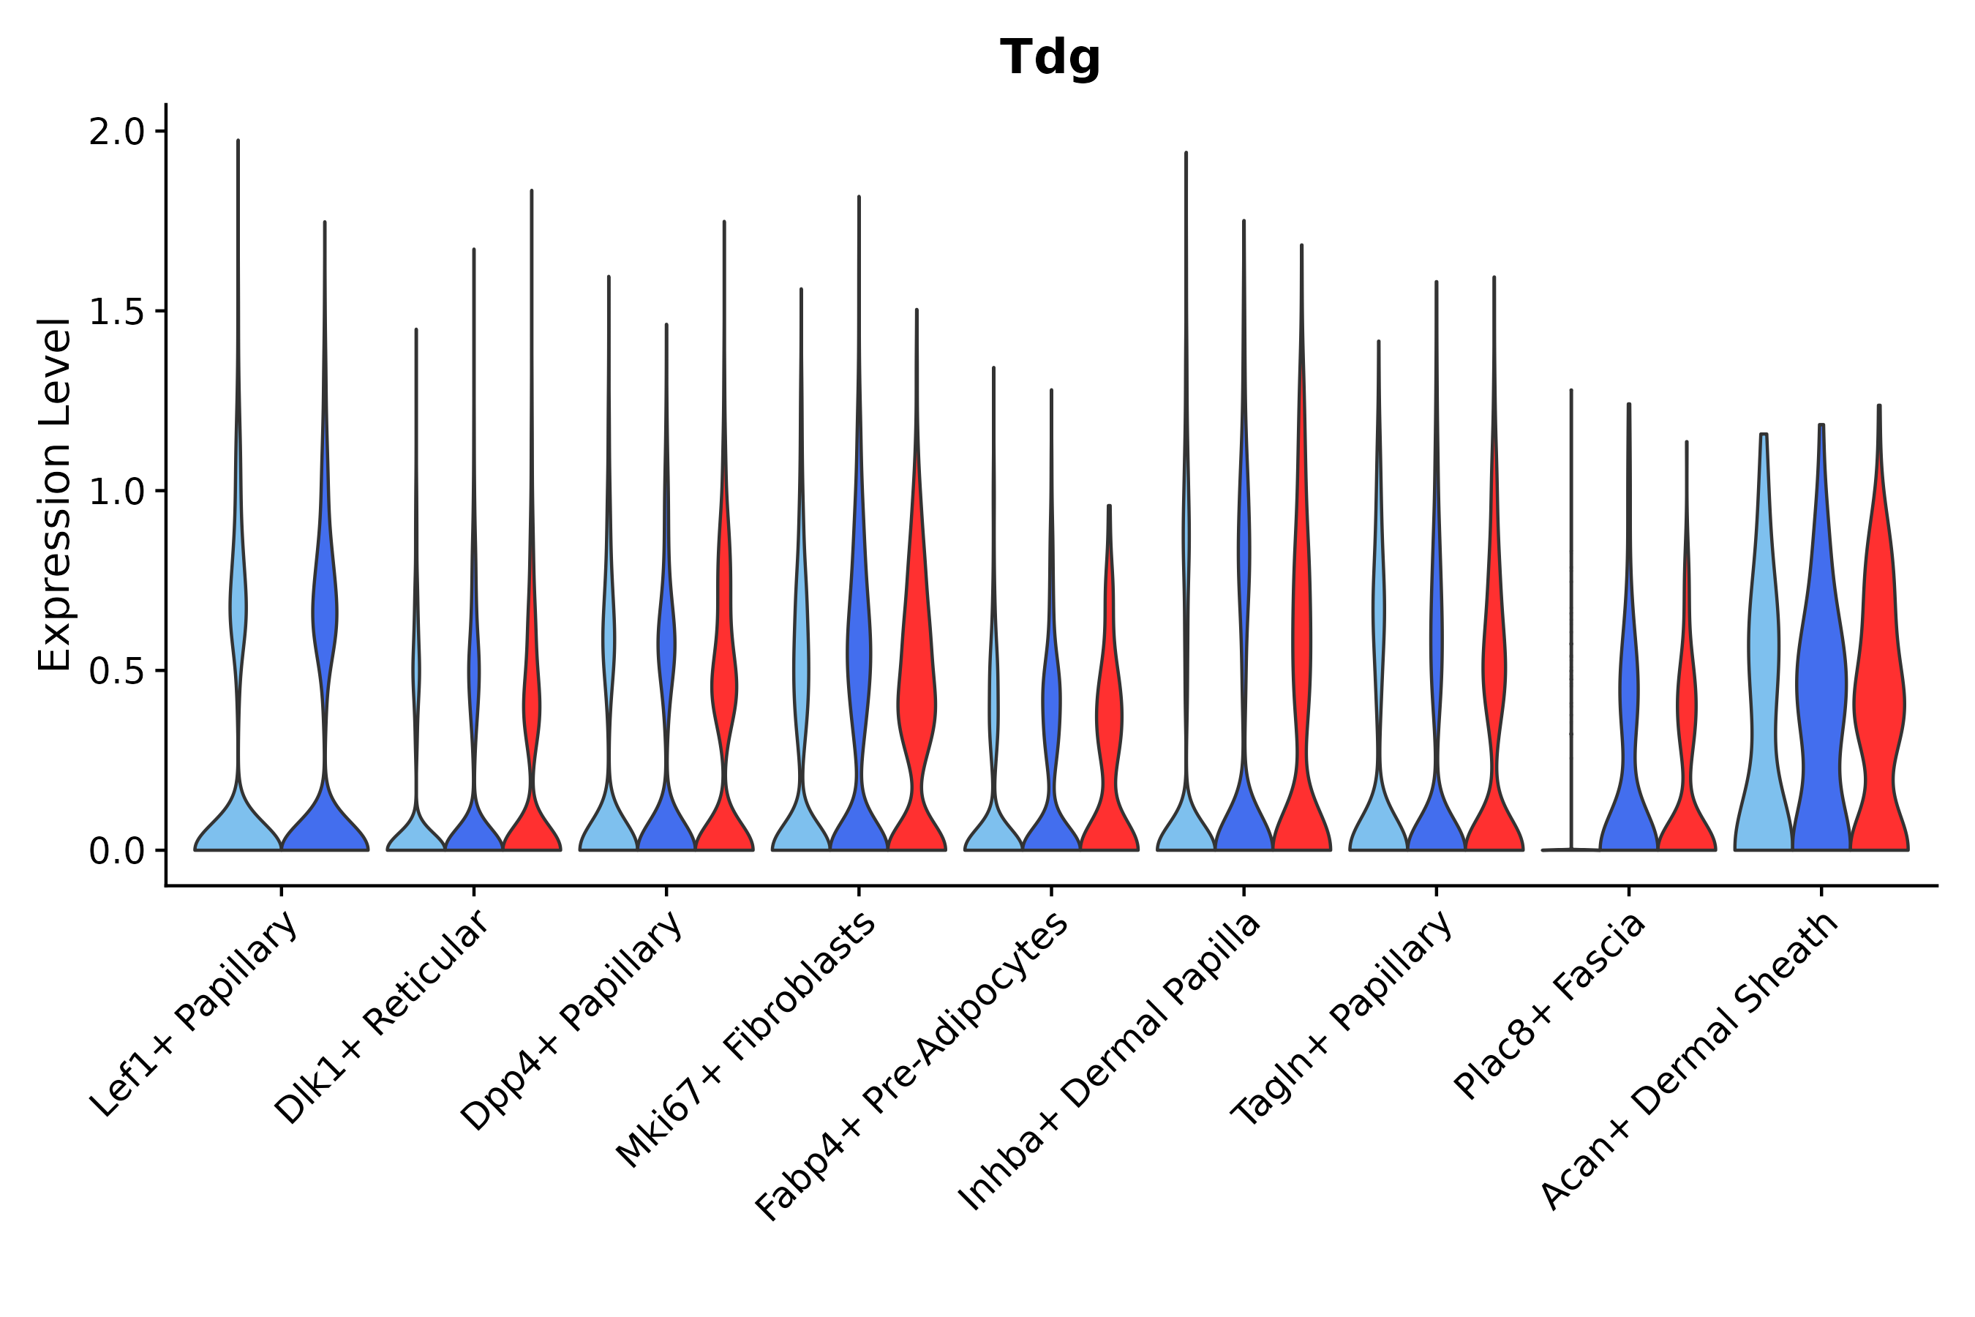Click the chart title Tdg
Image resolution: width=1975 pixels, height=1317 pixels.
coord(1050,58)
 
